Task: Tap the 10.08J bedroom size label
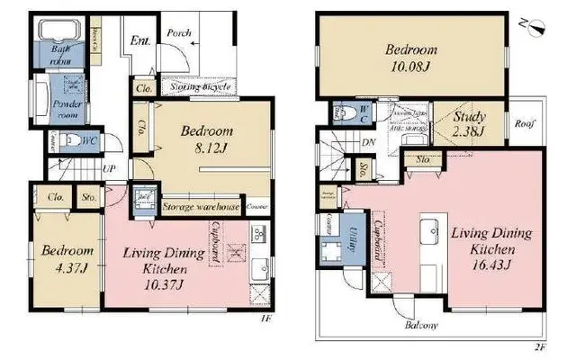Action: (410, 66)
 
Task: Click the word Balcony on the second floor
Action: (420, 324)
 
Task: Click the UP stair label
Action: (108, 168)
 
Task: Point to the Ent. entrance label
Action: (140, 40)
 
